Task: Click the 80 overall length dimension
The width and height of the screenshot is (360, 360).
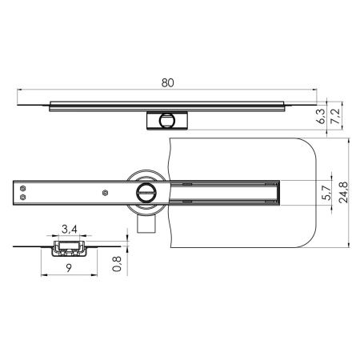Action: click(x=168, y=82)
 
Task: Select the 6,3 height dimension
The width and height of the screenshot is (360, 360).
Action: click(x=321, y=117)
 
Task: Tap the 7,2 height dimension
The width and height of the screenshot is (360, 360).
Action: click(x=336, y=117)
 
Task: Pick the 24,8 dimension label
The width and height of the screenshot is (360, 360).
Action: click(x=342, y=193)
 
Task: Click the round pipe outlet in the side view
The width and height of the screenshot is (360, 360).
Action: click(x=167, y=120)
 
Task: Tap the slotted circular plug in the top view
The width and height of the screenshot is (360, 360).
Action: click(x=146, y=192)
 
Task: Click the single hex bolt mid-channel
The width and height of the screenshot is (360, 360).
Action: click(x=105, y=193)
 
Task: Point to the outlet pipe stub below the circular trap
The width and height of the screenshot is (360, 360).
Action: click(x=146, y=227)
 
